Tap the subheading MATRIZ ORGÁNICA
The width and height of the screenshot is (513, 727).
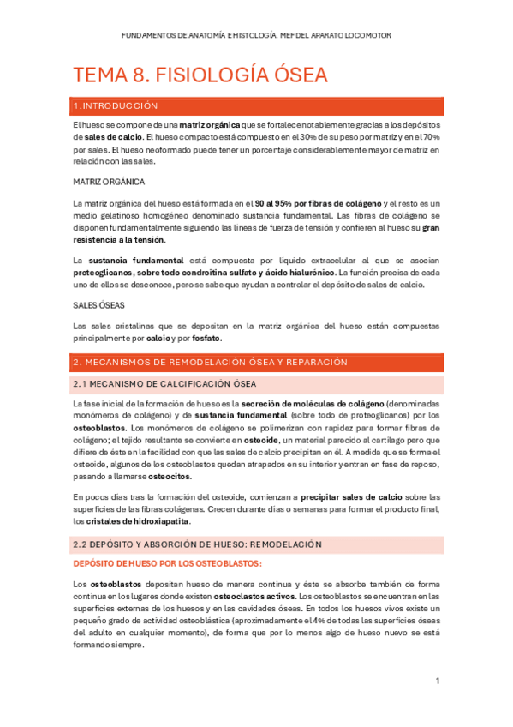(x=109, y=182)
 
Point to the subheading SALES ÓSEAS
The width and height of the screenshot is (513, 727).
(x=99, y=305)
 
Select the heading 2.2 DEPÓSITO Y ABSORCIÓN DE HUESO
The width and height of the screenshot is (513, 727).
(x=197, y=544)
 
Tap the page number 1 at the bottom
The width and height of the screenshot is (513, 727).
(x=437, y=681)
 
